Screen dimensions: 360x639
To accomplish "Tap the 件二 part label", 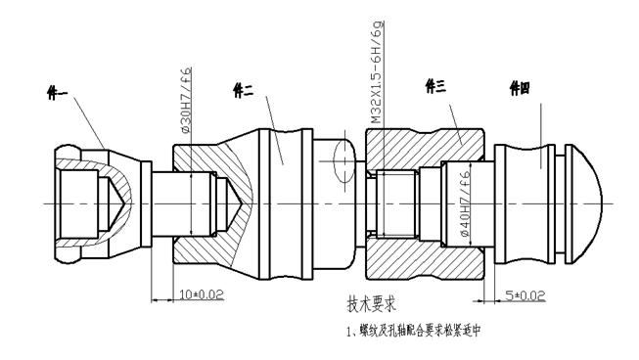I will [x=244, y=89].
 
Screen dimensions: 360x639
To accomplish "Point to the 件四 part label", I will [x=520, y=89].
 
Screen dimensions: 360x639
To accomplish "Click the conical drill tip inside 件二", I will [x=236, y=203].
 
